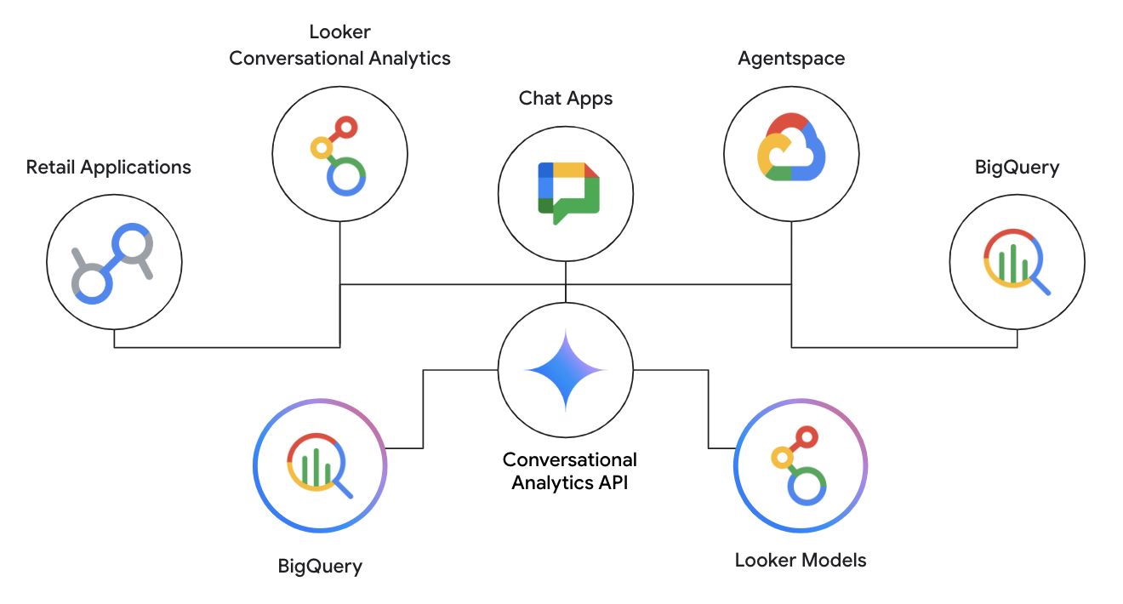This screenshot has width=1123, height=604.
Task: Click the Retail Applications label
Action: [109, 167]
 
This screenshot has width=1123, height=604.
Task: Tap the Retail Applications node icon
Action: [114, 263]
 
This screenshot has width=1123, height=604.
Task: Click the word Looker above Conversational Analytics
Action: [339, 32]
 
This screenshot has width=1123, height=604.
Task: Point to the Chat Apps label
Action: [566, 99]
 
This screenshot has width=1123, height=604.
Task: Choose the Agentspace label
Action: [791, 59]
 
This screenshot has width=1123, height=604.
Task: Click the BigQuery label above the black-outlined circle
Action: [1017, 167]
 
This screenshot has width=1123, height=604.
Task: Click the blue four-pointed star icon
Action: [566, 371]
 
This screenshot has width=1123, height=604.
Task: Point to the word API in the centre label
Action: [609, 483]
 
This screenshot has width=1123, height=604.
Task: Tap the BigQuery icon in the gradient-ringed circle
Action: [320, 465]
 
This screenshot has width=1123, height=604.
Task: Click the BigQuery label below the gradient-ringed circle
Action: [320, 566]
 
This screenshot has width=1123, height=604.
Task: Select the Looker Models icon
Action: [801, 465]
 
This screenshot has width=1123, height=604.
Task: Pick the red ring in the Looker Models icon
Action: [807, 438]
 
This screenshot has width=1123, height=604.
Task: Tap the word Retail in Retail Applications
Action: [50, 167]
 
